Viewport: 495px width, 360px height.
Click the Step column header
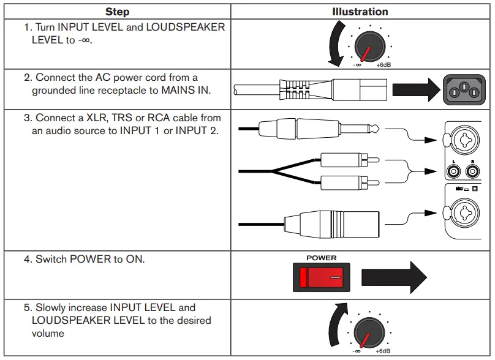click(117, 12)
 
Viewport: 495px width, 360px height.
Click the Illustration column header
click(360, 12)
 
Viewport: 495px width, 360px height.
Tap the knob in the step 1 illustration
click(368, 45)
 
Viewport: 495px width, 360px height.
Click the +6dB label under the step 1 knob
click(383, 64)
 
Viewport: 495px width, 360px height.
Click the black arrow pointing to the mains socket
click(415, 90)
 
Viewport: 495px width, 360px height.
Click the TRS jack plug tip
click(374, 129)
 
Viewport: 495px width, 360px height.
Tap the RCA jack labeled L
click(454, 172)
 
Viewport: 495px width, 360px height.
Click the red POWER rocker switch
click(322, 278)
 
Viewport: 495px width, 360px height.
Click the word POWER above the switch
click(322, 258)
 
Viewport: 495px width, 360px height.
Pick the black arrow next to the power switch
click(393, 278)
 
